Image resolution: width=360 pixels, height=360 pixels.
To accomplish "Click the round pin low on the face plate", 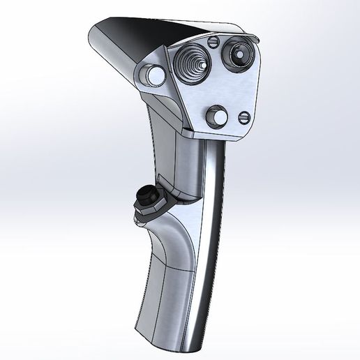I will (x=219, y=117).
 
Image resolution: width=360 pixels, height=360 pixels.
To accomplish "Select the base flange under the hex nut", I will (x=140, y=218).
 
